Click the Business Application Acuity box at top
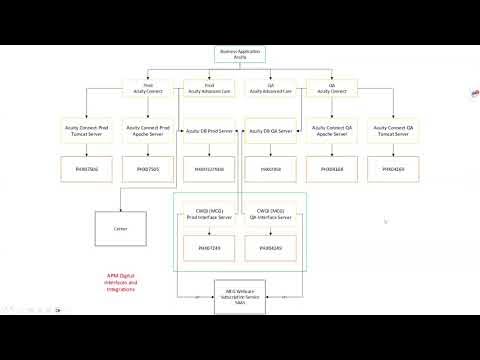click(240, 56)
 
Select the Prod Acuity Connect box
click(148, 88)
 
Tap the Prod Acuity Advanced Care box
click(210, 88)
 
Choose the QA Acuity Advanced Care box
click(270, 88)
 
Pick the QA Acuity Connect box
click(331, 88)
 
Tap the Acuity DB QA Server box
click(270, 130)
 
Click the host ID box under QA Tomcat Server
click(393, 170)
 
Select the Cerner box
click(121, 228)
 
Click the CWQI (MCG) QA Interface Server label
click(271, 215)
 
